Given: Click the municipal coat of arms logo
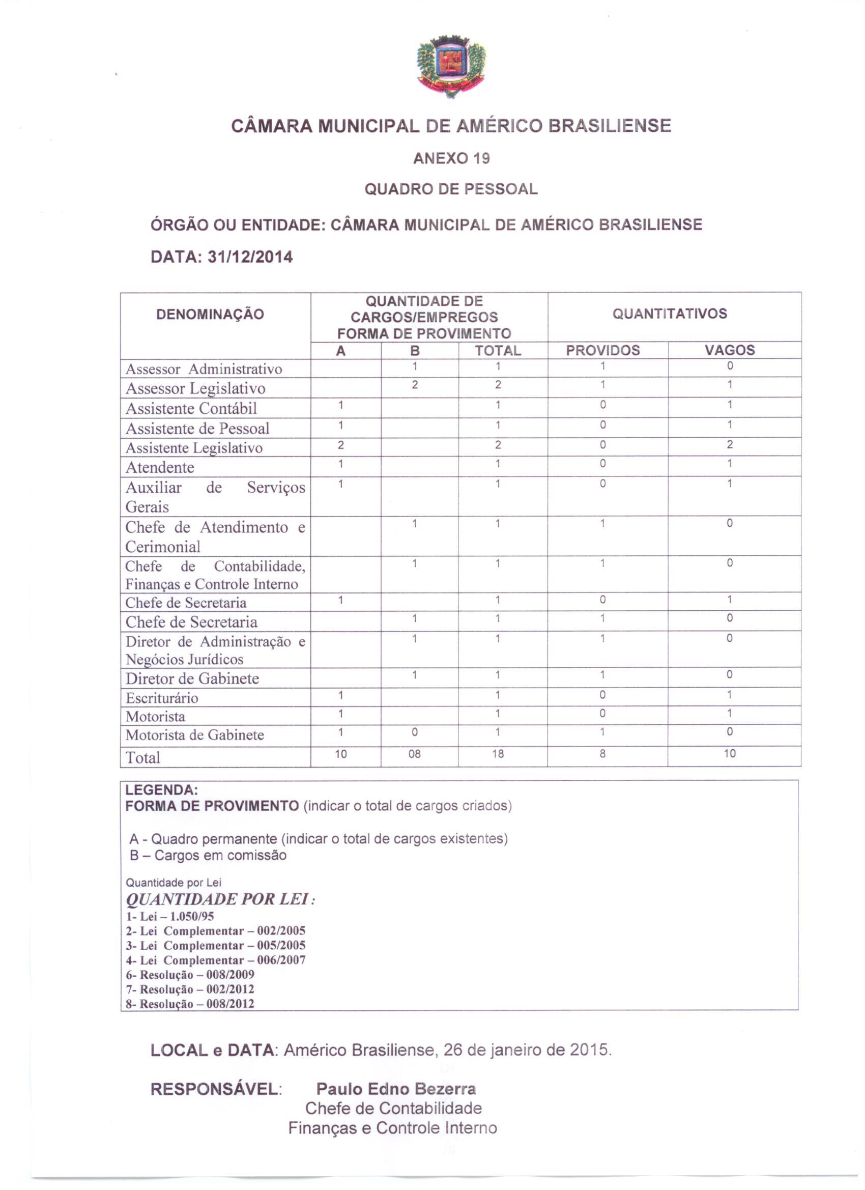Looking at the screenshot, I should pos(451,66).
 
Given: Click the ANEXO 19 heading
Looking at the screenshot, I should pos(451,158).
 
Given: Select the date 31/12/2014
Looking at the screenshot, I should pos(250,257).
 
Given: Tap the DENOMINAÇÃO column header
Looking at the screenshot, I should pos(210,314).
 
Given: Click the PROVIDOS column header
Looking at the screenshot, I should pos(603,351).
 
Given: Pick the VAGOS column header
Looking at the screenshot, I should pos(729,350).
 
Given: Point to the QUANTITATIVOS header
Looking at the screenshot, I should pos(669,314).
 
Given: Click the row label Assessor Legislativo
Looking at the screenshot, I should pos(195,388).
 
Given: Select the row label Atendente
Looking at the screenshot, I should pos(160,467).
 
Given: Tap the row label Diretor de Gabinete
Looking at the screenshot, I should pos(192,678).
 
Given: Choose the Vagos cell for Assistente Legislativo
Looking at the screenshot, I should pos(729,445).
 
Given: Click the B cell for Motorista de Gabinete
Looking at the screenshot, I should pos(414,732).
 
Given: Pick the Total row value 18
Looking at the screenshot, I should pos(497,754).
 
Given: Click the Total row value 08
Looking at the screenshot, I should pos(414,754).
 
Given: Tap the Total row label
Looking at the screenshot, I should pos(142,758).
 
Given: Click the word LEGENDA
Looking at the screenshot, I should pos(161,790).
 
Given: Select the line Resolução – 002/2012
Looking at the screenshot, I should pos(190,989).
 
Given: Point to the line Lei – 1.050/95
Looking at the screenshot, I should pos(170,916).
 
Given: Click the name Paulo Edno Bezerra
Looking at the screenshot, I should pos(396,1089).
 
